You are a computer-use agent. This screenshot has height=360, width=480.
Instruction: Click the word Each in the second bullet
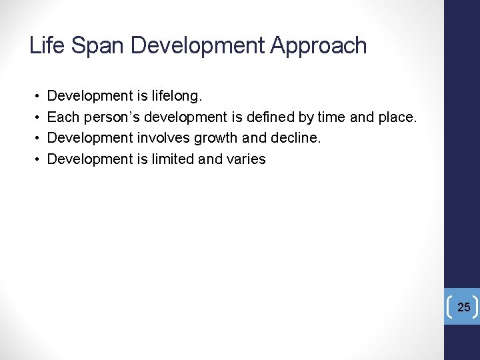(62, 117)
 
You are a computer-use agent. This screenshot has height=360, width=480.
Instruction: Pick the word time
(331, 117)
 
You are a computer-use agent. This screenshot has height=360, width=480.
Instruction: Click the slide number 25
(464, 307)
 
